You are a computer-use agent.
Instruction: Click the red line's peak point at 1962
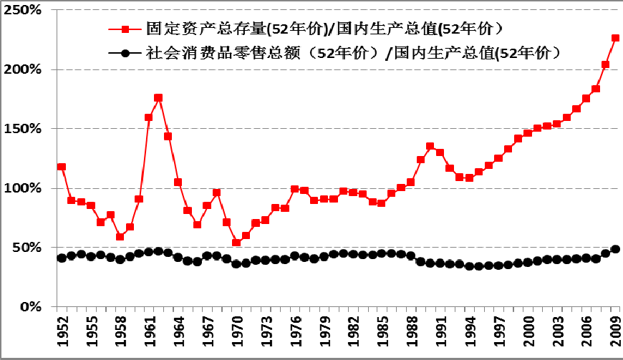tap(158, 97)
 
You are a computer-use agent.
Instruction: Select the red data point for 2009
tap(615, 38)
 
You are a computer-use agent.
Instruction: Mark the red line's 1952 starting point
tap(62, 167)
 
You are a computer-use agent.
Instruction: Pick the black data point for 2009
tap(615, 249)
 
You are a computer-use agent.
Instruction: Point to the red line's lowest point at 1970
tap(236, 243)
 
